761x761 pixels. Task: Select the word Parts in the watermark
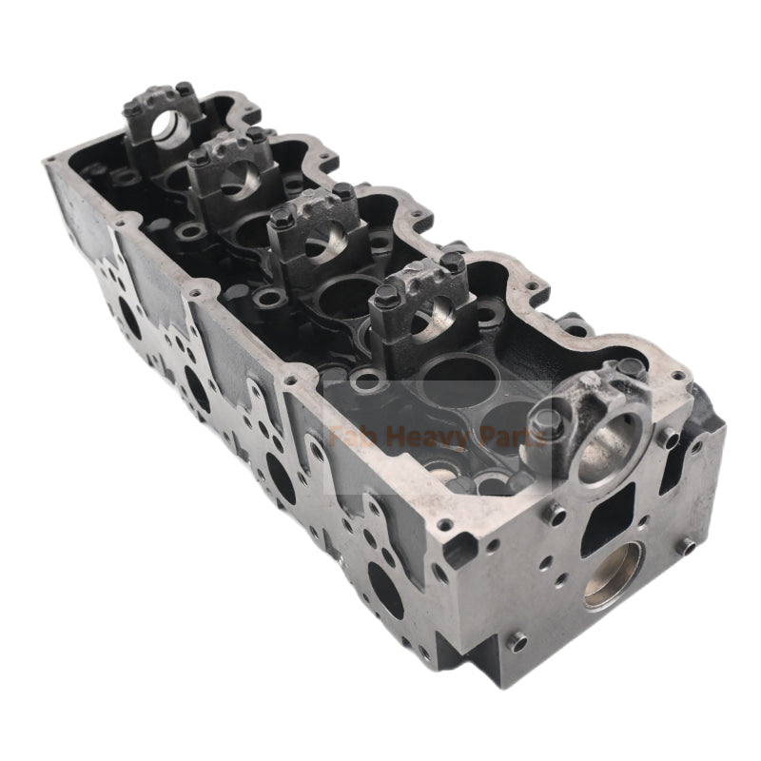(511, 439)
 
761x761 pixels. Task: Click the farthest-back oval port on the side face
(129, 323)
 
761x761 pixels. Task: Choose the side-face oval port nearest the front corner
(384, 590)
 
